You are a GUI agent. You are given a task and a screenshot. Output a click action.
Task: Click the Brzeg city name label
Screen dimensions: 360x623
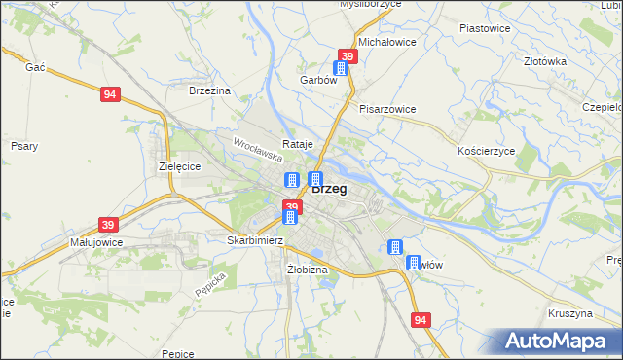331,190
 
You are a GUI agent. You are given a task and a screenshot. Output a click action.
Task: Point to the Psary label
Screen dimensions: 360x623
23,146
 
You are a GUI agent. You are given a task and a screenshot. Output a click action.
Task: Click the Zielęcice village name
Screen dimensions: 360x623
179,166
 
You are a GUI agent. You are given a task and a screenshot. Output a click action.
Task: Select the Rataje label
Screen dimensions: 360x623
298,144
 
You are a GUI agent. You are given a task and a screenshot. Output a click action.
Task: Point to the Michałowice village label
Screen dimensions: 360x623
387,43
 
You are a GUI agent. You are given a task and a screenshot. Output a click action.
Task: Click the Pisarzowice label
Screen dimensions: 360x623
387,109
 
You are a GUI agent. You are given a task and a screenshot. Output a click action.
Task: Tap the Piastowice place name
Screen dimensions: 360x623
485,28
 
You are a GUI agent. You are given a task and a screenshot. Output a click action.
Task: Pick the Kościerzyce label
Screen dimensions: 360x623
485,152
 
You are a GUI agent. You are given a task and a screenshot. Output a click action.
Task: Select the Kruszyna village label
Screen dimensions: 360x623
570,314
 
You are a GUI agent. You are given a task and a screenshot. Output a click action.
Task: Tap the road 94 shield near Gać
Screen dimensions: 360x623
110,94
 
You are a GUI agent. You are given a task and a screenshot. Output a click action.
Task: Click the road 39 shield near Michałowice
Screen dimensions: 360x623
348,57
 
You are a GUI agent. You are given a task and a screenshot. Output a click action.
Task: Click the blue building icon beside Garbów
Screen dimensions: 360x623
341,68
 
